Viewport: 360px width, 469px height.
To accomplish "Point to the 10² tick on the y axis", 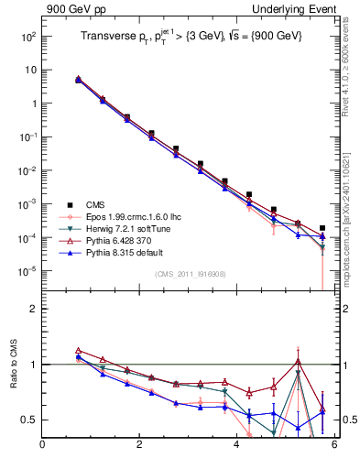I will pyautogui.click(x=27, y=37).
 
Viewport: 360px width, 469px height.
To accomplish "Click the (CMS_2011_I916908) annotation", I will pyautogui.click(x=189, y=274).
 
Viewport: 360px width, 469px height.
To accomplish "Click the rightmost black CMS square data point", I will pyautogui.click(x=322, y=228).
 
